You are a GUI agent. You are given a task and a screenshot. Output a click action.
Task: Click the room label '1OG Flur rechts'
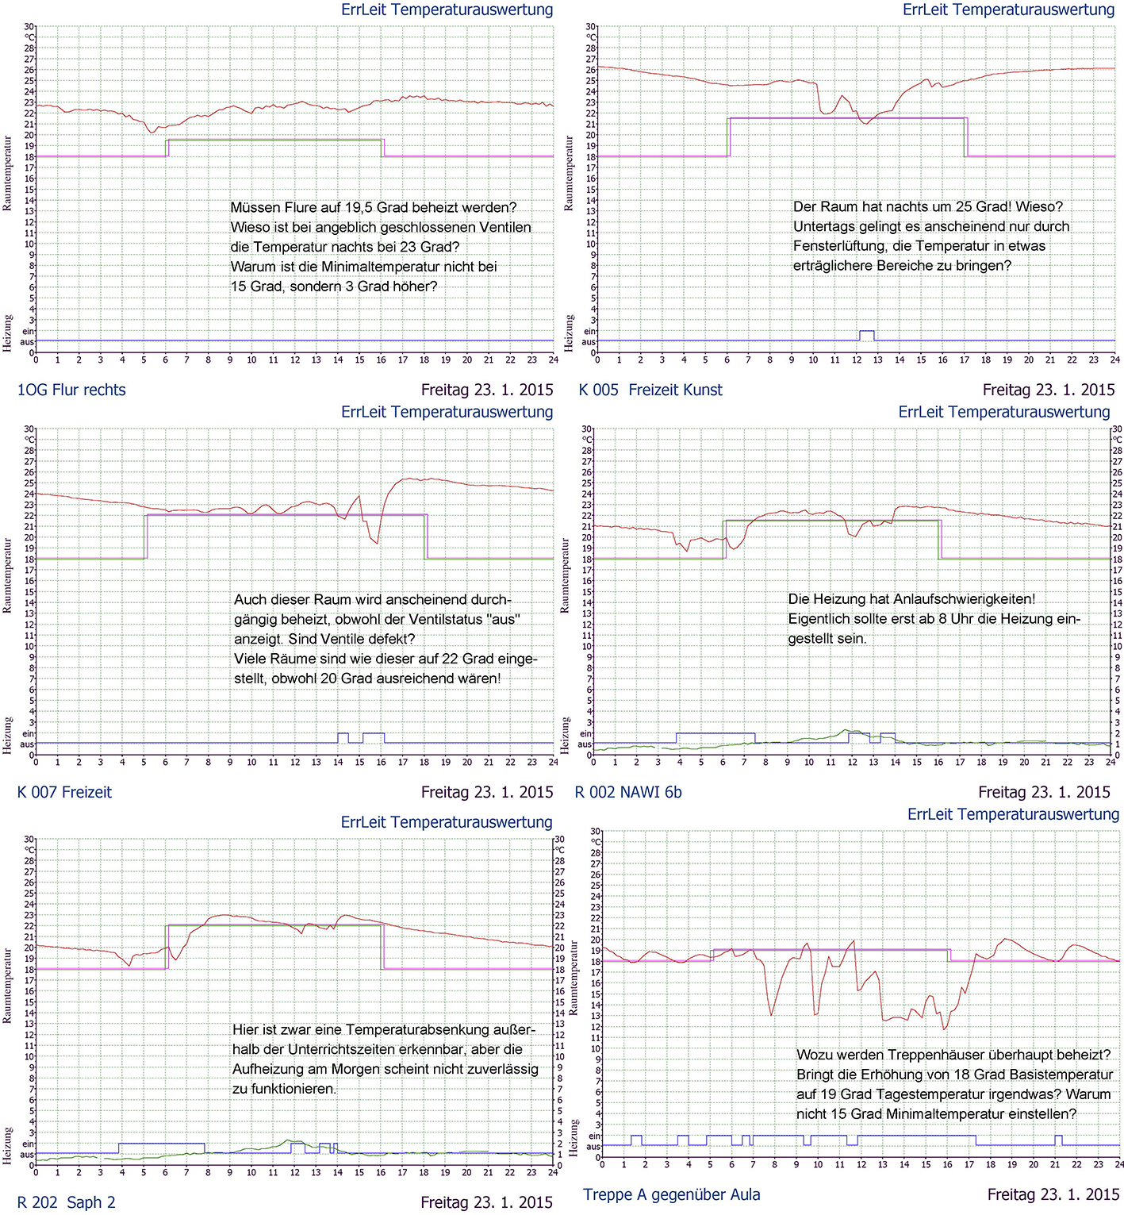(x=71, y=390)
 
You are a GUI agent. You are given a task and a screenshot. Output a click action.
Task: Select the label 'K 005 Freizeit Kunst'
(x=650, y=390)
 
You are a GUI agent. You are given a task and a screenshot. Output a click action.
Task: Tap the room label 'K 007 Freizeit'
(x=64, y=792)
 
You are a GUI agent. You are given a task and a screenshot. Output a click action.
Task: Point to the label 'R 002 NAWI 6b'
(x=628, y=792)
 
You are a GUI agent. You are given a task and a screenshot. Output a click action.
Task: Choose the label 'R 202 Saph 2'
(x=66, y=1202)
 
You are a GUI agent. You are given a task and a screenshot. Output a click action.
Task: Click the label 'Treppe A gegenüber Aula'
(x=671, y=1194)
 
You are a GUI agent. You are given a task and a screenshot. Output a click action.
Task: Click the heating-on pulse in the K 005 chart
(x=867, y=335)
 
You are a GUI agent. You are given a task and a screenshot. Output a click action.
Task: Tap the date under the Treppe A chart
(x=1053, y=1194)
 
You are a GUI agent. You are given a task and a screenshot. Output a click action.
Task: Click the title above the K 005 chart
(x=1008, y=10)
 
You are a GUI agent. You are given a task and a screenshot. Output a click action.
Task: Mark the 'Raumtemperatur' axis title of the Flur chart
(x=7, y=173)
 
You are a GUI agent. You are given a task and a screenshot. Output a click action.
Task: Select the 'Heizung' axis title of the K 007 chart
(x=7, y=735)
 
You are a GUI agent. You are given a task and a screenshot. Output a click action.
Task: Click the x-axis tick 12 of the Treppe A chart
(x=861, y=1164)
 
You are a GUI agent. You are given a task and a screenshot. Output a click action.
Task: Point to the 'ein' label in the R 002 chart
(x=585, y=734)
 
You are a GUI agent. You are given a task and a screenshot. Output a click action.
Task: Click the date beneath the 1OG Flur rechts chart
(x=487, y=390)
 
